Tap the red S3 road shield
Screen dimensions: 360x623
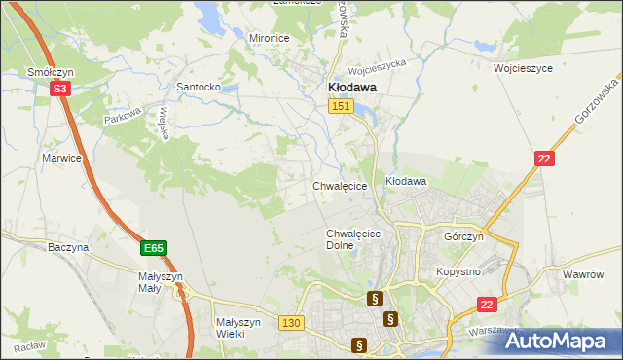pyautogui.click(x=60, y=89)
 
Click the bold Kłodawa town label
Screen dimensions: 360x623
pyautogui.click(x=349, y=87)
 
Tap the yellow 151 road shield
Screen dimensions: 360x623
pyautogui.click(x=340, y=107)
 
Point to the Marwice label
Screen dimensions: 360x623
pyautogui.click(x=60, y=157)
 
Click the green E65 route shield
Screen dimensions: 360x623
pyautogui.click(x=153, y=249)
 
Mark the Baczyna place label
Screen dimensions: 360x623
pyautogui.click(x=68, y=248)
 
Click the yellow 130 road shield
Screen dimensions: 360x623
pyautogui.click(x=290, y=323)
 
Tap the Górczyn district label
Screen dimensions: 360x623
pyautogui.click(x=463, y=237)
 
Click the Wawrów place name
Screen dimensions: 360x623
pyautogui.click(x=584, y=275)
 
